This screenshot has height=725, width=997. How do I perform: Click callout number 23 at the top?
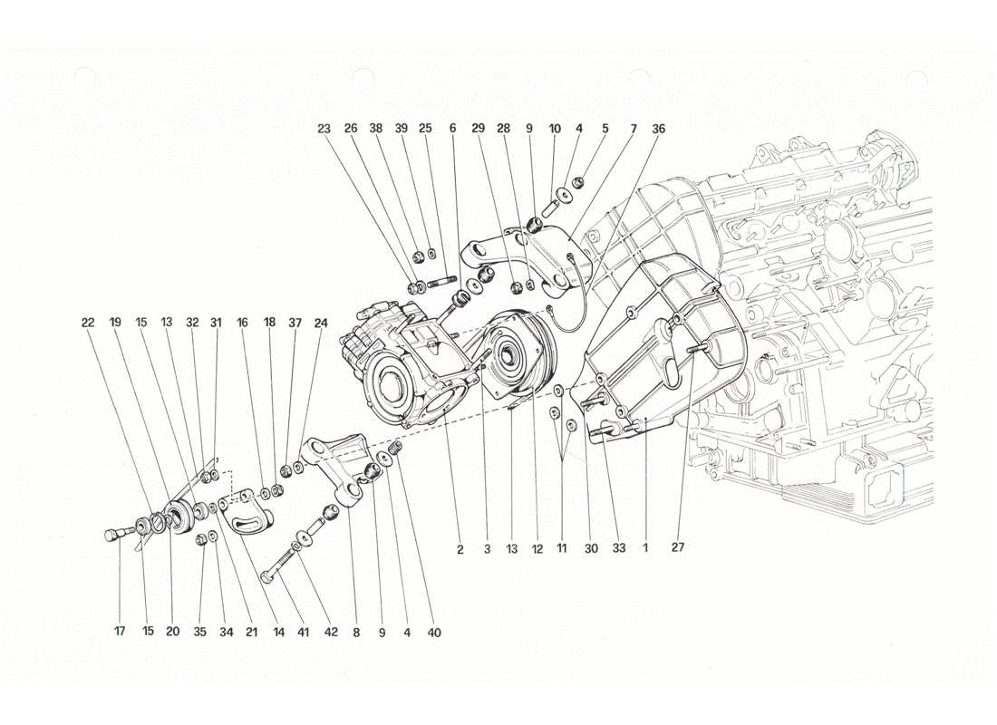pos(324,129)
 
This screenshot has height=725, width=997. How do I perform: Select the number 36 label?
pos(659,129)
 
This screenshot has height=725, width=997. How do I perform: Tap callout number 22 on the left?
pos(87,322)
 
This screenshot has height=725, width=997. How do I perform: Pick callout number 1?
pos(645,548)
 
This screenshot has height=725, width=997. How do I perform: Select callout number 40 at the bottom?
pos(435,633)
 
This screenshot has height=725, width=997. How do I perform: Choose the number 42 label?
pos(331,633)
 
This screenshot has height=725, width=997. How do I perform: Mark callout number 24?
pos(321,322)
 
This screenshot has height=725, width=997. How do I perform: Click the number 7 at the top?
pos(634,129)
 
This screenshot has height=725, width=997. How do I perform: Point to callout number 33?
pos(619,548)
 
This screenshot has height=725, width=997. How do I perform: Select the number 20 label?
pos(172,633)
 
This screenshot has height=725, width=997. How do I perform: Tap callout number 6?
pos(452,129)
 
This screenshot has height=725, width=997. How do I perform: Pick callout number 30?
pos(591,548)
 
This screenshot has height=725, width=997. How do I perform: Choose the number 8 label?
pos(356,633)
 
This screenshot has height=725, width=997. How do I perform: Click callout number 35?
pos(201,633)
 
